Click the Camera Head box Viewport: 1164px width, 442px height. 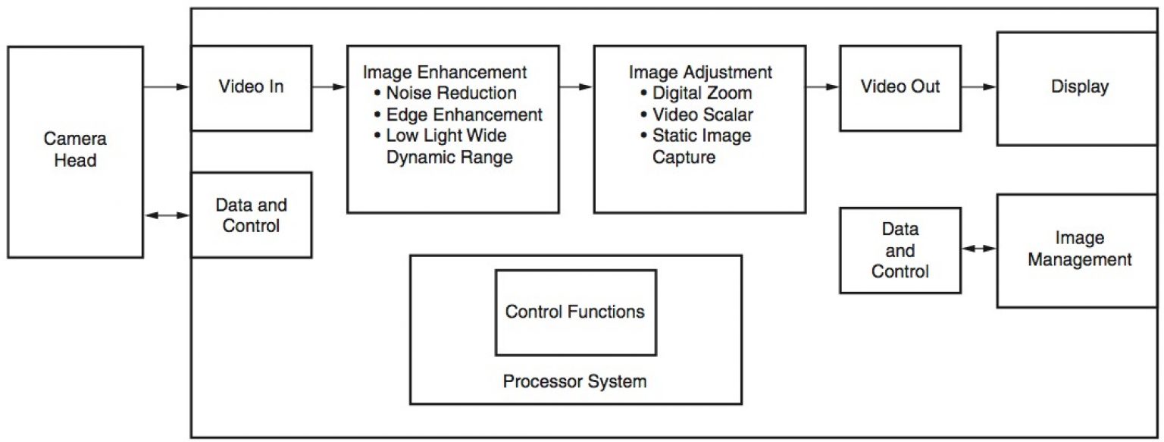[x=75, y=151]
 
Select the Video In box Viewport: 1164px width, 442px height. [x=251, y=87]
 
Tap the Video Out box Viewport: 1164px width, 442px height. [x=900, y=87]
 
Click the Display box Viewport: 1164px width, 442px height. [x=1079, y=87]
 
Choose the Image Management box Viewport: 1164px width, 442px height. [x=1079, y=249]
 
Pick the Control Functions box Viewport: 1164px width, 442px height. [x=574, y=312]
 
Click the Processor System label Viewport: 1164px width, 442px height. [x=574, y=381]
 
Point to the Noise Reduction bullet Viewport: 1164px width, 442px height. [x=451, y=94]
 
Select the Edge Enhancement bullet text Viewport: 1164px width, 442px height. [x=464, y=115]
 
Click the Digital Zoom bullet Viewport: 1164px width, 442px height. [x=702, y=94]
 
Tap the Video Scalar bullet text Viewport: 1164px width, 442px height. [x=702, y=115]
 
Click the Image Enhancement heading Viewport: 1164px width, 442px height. [x=444, y=73]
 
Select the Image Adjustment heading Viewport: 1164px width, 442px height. [x=700, y=73]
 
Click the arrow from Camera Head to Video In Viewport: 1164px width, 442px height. [x=166, y=87]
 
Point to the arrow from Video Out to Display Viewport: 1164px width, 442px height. [x=978, y=87]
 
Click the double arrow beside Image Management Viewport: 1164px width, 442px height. [x=978, y=249]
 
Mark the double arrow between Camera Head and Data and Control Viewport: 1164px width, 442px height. [x=166, y=215]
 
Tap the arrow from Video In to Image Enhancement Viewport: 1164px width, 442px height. [x=329, y=87]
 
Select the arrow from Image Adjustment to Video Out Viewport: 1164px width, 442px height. [x=822, y=87]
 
